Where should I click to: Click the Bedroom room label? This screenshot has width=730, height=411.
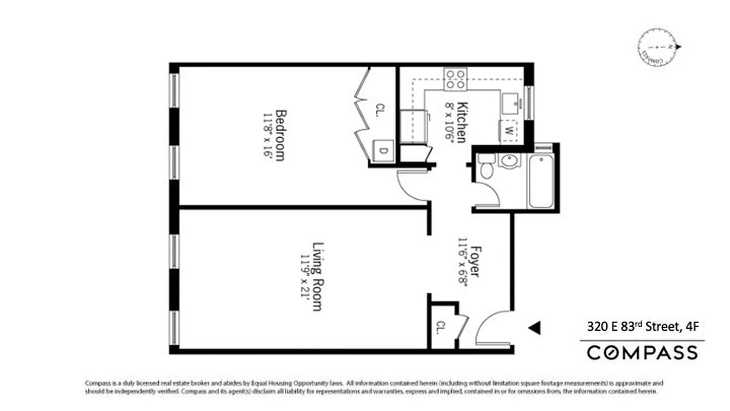[280, 135]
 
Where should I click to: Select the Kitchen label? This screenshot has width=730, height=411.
[462, 123]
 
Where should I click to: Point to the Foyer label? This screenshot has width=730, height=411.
[474, 262]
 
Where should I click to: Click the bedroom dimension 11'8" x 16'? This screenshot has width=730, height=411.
[267, 135]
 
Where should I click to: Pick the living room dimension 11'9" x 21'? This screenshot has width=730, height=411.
[306, 282]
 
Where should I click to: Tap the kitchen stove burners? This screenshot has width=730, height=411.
[455, 79]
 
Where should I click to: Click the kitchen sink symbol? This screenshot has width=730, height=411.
[511, 104]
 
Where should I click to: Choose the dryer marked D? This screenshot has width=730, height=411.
[383, 151]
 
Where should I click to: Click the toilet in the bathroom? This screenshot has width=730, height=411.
[486, 166]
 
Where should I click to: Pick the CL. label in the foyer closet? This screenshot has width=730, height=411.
[441, 327]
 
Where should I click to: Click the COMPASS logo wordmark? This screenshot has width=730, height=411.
[642, 353]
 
